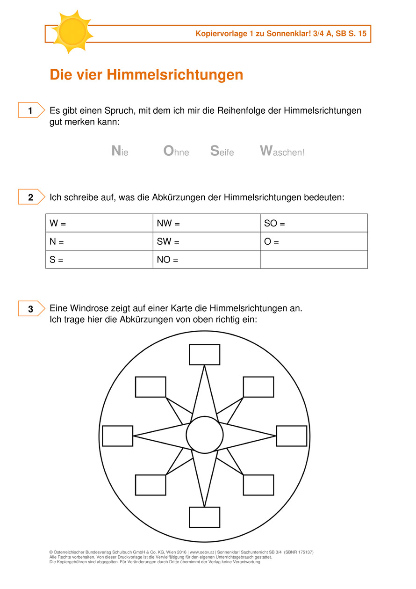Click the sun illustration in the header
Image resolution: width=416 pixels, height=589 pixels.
click(x=72, y=32)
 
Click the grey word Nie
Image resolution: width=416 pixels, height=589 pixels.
click(x=120, y=151)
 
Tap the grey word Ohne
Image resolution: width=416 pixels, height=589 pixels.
click(x=176, y=151)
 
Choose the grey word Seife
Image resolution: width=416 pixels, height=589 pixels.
click(x=222, y=151)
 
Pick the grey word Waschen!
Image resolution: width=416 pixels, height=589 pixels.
click(x=282, y=151)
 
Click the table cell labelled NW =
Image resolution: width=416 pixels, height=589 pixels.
click(x=206, y=223)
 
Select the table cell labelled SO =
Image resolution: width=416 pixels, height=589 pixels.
click(x=314, y=223)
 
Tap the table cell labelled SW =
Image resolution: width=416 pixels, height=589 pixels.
click(x=206, y=241)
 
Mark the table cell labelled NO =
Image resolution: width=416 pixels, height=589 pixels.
click(x=206, y=259)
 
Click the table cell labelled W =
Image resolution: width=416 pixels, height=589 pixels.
click(x=99, y=223)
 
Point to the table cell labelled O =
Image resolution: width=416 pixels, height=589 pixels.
click(x=314, y=241)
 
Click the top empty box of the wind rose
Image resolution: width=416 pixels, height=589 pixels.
click(x=204, y=354)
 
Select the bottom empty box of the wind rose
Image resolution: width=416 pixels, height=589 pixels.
click(x=204, y=517)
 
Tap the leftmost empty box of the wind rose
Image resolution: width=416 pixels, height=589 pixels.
click(x=117, y=436)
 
